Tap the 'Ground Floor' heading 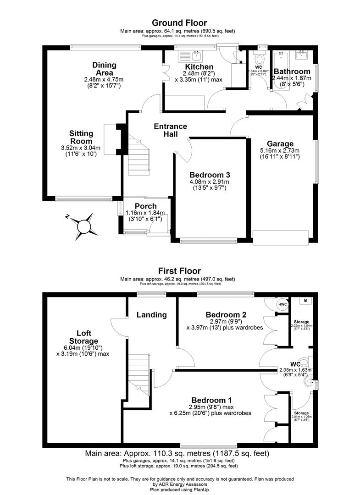(x=179, y=23)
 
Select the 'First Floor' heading (x=179, y=271)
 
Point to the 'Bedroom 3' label (x=210, y=174)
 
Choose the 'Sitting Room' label (x=81, y=137)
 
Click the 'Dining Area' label (x=104, y=69)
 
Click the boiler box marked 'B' (x=305, y=301)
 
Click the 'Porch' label (x=145, y=206)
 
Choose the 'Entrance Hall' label (x=170, y=130)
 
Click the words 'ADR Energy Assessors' (x=180, y=484)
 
